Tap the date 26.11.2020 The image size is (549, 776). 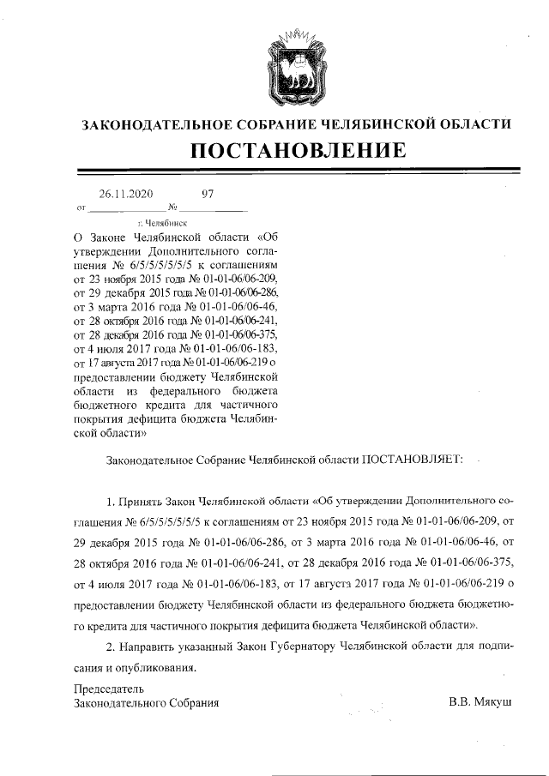point(125,194)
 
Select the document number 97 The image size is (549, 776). point(207,194)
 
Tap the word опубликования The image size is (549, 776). point(156,666)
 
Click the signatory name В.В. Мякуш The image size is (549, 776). point(480,703)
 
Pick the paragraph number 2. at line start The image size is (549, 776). point(109,645)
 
